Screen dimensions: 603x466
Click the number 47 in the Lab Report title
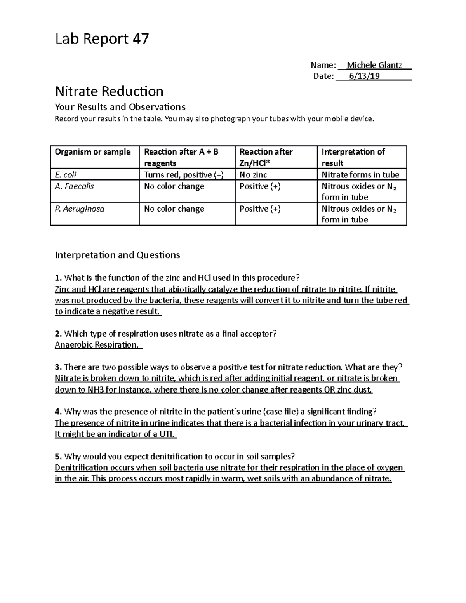(x=141, y=39)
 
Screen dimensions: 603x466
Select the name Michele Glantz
(x=374, y=65)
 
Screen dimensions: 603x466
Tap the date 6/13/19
(x=364, y=76)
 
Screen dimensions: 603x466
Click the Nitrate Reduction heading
(x=109, y=91)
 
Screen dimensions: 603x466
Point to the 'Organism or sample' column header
(x=92, y=152)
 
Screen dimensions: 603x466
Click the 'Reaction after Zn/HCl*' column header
(x=266, y=157)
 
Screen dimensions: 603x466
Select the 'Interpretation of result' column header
(x=353, y=157)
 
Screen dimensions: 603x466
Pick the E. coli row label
(x=66, y=175)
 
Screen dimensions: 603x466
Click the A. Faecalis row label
(x=75, y=186)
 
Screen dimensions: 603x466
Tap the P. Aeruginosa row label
(x=80, y=209)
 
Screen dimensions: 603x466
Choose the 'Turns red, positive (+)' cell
(x=184, y=175)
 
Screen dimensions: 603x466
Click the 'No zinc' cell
(x=253, y=175)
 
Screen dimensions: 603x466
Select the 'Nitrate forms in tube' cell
(x=360, y=175)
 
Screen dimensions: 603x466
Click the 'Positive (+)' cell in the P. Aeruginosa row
(x=260, y=209)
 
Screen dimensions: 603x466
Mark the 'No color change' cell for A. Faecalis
(x=174, y=186)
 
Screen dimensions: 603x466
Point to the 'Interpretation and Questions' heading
(x=117, y=255)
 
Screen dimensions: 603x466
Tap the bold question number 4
(x=58, y=412)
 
